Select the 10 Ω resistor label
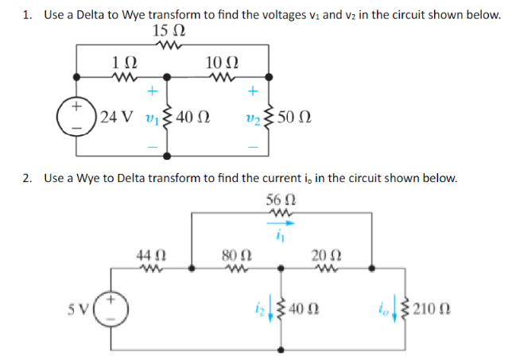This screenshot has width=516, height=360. tap(220, 63)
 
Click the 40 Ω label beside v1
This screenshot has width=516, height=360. tap(192, 118)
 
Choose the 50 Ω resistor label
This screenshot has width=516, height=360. tap(295, 118)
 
